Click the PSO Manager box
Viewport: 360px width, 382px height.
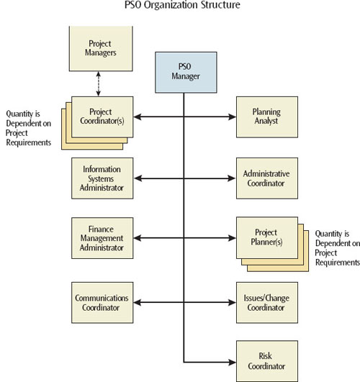pyautogui.click(x=186, y=73)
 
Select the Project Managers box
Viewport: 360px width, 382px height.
pyautogui.click(x=101, y=48)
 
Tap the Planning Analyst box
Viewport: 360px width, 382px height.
pyautogui.click(x=267, y=117)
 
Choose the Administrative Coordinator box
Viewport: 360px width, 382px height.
pyautogui.click(x=267, y=178)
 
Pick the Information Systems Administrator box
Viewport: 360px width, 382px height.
pyautogui.click(x=102, y=178)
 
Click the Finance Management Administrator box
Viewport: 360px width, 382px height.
pyautogui.click(x=102, y=238)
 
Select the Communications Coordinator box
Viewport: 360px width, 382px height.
pyautogui.click(x=102, y=303)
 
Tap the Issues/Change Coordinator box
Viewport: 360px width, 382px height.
pyautogui.click(x=267, y=303)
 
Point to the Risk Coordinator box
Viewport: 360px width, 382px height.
pyautogui.click(x=267, y=361)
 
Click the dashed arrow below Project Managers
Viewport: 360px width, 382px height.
pyautogui.click(x=99, y=83)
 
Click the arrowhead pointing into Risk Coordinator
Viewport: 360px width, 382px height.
pyautogui.click(x=232, y=363)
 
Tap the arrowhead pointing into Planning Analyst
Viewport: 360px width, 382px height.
pyautogui.click(x=232, y=117)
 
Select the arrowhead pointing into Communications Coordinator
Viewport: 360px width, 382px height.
pyautogui.click(x=138, y=303)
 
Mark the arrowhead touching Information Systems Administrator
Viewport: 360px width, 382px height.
pyautogui.click(x=138, y=178)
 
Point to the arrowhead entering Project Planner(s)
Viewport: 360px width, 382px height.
pyautogui.click(x=232, y=238)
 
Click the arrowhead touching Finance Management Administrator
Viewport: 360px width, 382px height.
pyautogui.click(x=138, y=238)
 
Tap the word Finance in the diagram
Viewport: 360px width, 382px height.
pyautogui.click(x=101, y=229)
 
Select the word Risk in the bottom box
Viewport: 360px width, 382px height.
pyautogui.click(x=266, y=356)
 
